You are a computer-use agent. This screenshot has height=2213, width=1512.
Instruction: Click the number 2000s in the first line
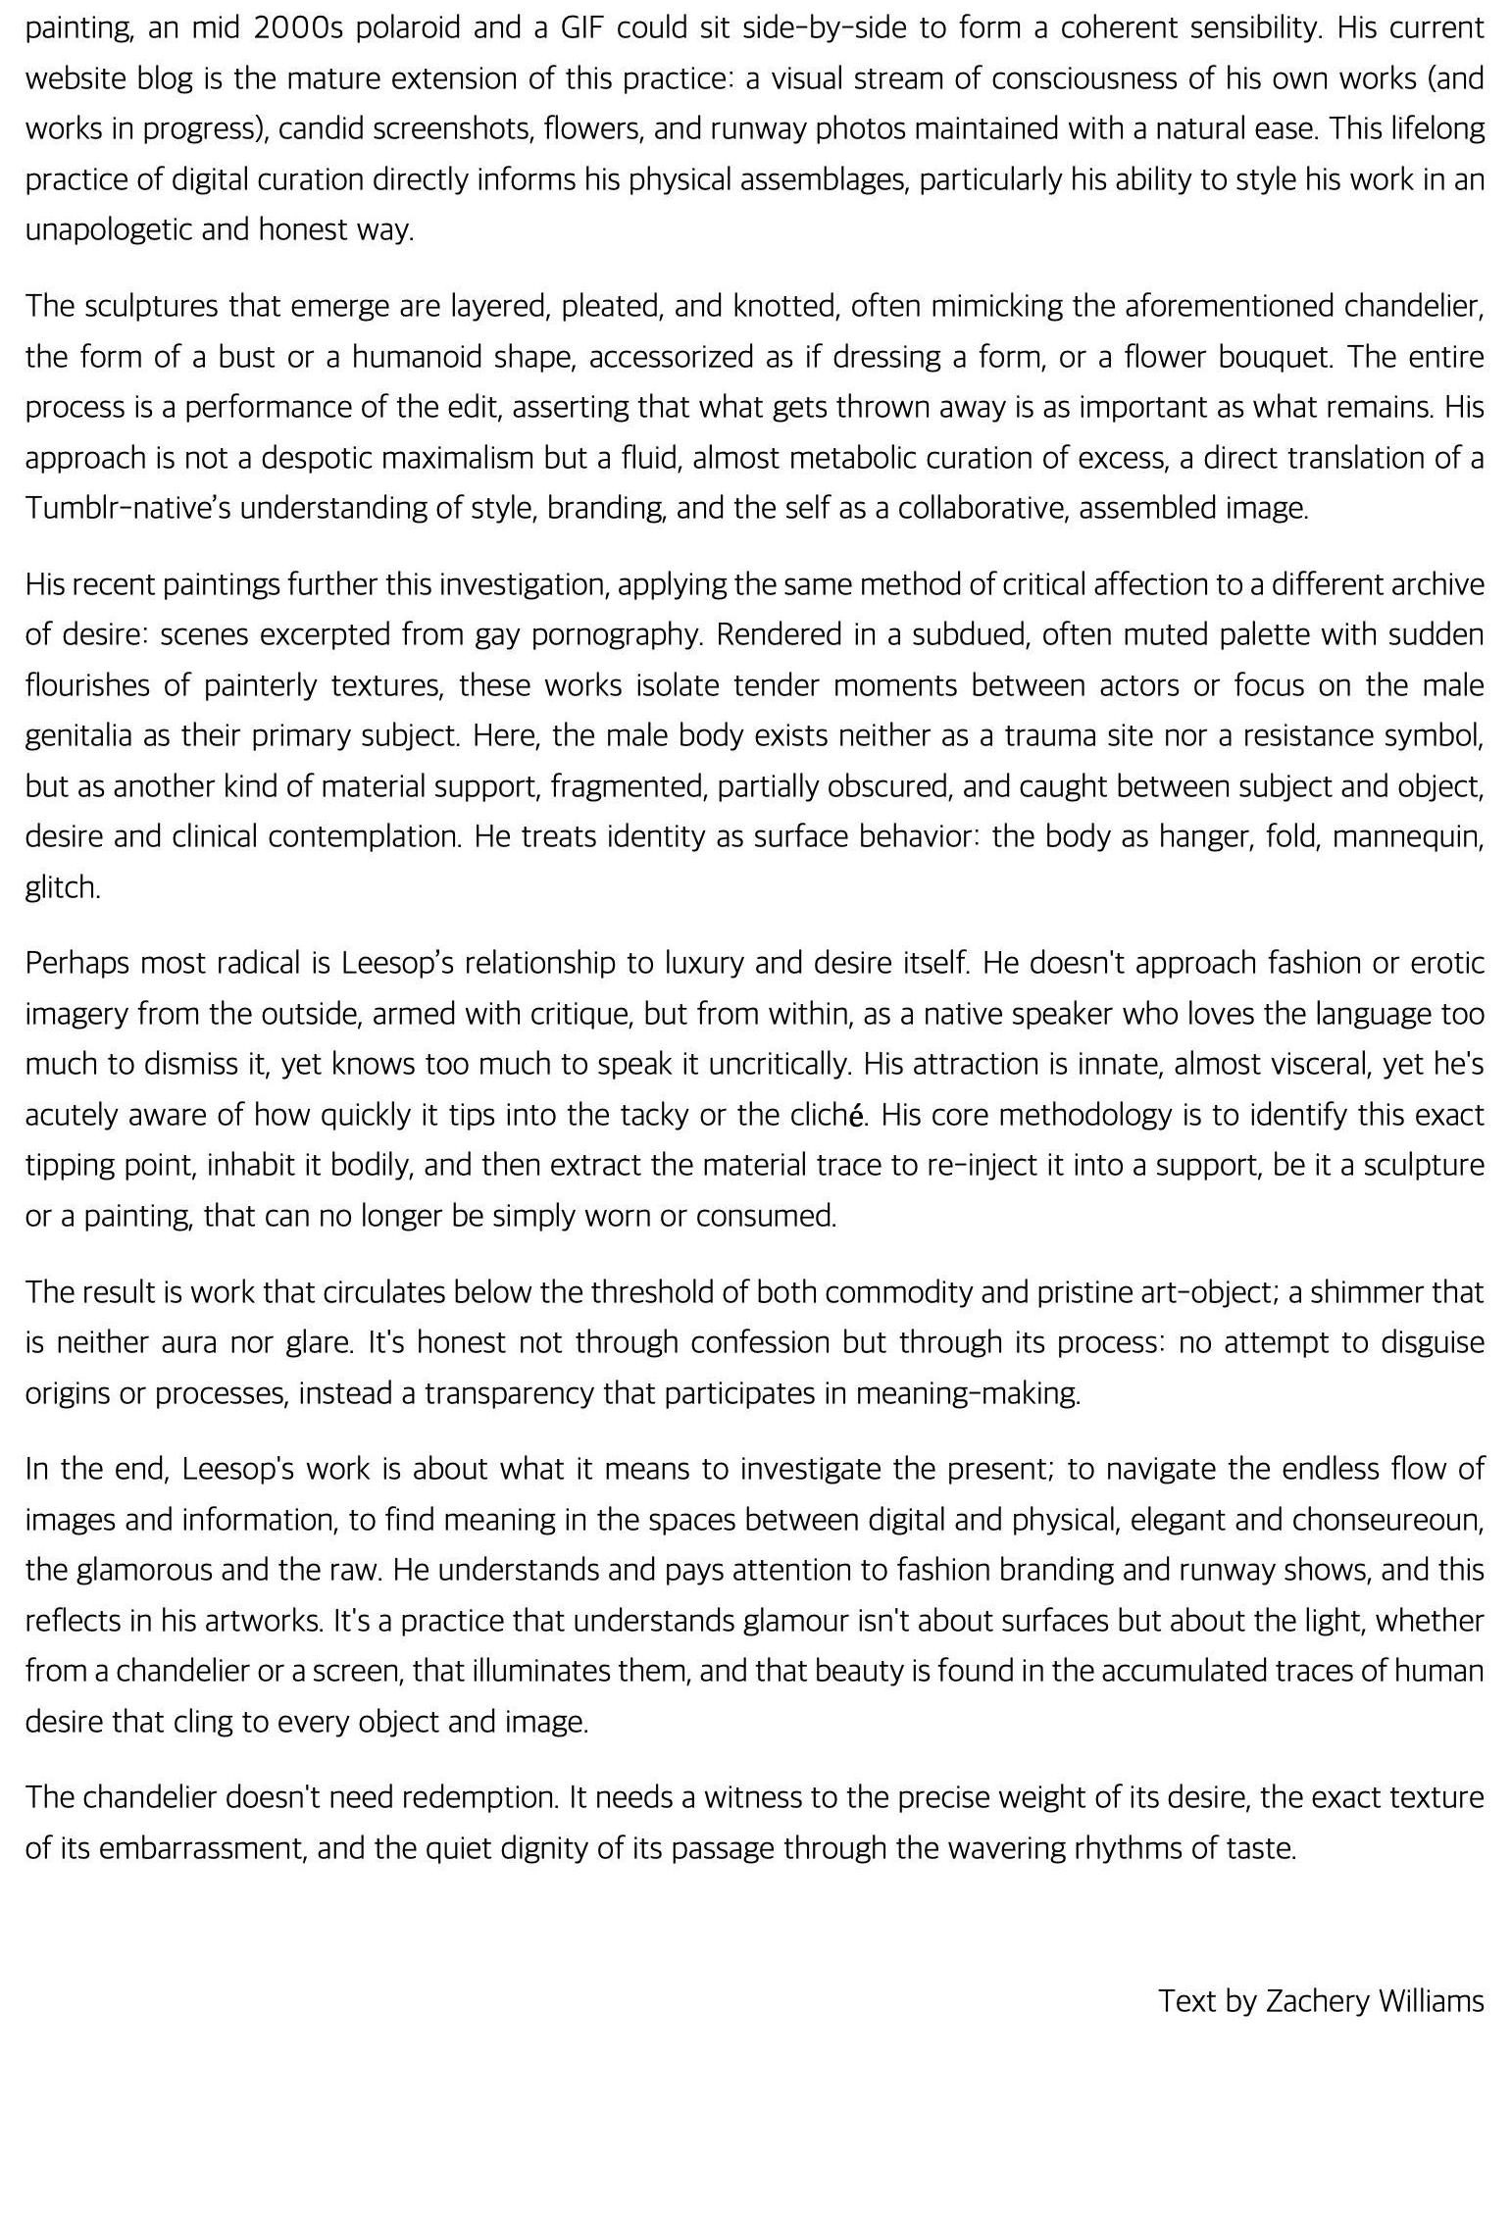click(x=297, y=27)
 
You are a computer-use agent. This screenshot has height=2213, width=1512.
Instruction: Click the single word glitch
click(x=62, y=887)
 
